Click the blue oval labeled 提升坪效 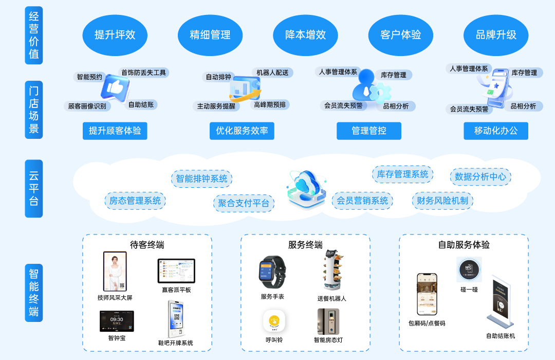pyautogui.click(x=115, y=35)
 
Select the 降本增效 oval pyautogui.click(x=306, y=35)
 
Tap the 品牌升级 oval pyautogui.click(x=496, y=35)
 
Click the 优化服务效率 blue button pyautogui.click(x=242, y=131)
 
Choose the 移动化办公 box pyautogui.click(x=495, y=131)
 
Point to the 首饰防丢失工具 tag pyautogui.click(x=143, y=73)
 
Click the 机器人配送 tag pyautogui.click(x=272, y=73)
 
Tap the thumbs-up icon pyautogui.click(x=115, y=87)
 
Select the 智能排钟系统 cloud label pyautogui.click(x=201, y=178)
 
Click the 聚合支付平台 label pyautogui.click(x=244, y=203)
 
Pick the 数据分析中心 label pyautogui.click(x=480, y=177)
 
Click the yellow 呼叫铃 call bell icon pyautogui.click(x=274, y=321)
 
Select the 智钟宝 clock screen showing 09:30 pyautogui.click(x=117, y=321)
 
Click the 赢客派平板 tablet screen pyautogui.click(x=176, y=271)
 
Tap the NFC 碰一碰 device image pyautogui.click(x=469, y=269)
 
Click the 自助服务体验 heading pyautogui.click(x=464, y=245)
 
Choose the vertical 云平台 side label pyautogui.click(x=34, y=188)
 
